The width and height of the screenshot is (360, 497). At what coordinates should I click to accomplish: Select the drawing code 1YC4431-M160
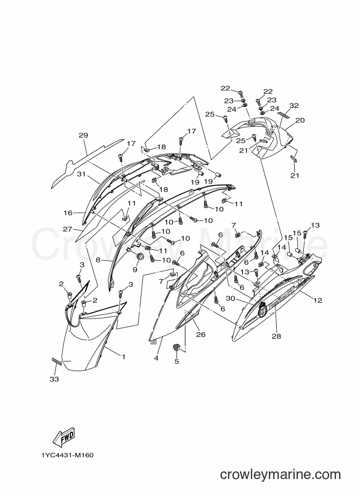pyautogui.click(x=67, y=456)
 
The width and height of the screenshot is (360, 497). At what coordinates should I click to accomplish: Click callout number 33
pyautogui.click(x=54, y=379)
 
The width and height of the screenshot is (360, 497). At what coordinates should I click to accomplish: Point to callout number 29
pyautogui.click(x=83, y=136)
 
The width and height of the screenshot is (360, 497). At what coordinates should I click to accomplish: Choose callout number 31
pyautogui.click(x=82, y=174)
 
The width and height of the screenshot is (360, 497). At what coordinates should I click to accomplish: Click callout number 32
pyautogui.click(x=294, y=106)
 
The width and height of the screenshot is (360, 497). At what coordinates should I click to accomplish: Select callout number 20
pyautogui.click(x=300, y=120)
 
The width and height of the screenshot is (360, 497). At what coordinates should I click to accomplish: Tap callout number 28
pyautogui.click(x=277, y=336)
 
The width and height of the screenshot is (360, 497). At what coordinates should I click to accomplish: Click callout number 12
pyautogui.click(x=318, y=300)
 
